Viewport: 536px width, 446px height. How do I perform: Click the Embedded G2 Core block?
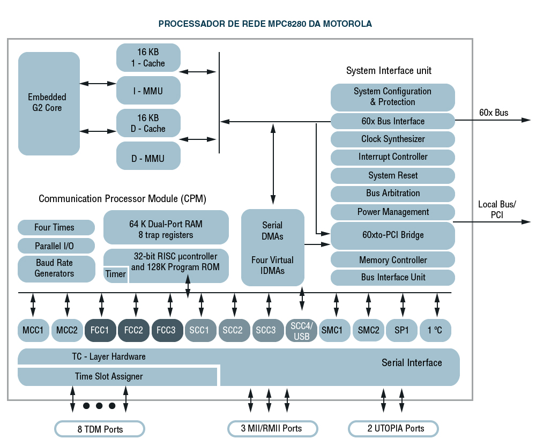pos(49,103)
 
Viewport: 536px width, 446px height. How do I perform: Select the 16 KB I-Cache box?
pos(148,57)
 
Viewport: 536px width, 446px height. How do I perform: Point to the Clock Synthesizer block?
pos(392,139)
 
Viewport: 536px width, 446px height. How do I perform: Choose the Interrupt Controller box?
pos(392,157)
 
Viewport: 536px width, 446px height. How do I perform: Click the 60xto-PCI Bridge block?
pos(392,235)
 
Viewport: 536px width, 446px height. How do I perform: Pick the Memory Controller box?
pos(392,260)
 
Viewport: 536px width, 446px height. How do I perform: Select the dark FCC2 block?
pos(133,330)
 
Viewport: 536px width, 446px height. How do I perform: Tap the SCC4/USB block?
pos(301,331)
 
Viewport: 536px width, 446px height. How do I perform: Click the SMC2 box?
pos(368,330)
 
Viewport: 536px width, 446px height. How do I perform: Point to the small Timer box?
pos(116,274)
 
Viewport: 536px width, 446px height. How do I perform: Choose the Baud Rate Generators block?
pos(54,269)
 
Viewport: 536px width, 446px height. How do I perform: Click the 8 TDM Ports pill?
pos(100,429)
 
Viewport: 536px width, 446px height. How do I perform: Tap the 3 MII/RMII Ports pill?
pos(272,428)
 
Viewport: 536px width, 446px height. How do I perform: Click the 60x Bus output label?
pos(494,113)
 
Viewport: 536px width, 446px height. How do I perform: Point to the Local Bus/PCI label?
pos(496,210)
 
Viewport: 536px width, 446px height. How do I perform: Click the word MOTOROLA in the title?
pos(347,24)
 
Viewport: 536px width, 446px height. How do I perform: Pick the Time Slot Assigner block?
pos(108,376)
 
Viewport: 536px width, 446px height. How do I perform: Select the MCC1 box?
pos(33,330)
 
